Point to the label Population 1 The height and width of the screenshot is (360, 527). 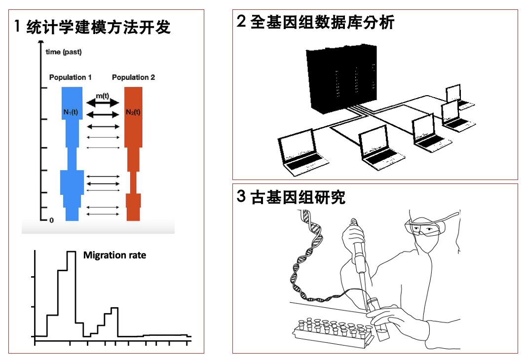click(x=70, y=77)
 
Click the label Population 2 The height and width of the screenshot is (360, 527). click(x=133, y=77)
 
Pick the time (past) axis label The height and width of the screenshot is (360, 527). click(x=64, y=52)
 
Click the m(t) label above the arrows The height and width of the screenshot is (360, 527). click(x=103, y=95)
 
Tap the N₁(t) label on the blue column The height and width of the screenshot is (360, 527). click(x=71, y=112)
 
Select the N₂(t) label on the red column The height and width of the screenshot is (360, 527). click(x=133, y=112)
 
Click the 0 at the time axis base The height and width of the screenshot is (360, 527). click(x=51, y=220)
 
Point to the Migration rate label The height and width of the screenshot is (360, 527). click(x=114, y=255)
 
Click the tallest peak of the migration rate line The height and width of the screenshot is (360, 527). click(x=71, y=252)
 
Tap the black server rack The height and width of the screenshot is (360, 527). click(x=341, y=76)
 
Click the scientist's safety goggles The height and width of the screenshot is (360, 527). click(x=423, y=228)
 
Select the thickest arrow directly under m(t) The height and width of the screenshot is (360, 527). click(x=103, y=103)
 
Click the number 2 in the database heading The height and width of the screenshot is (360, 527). click(x=241, y=22)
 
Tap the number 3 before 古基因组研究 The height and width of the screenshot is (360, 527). click(x=241, y=197)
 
